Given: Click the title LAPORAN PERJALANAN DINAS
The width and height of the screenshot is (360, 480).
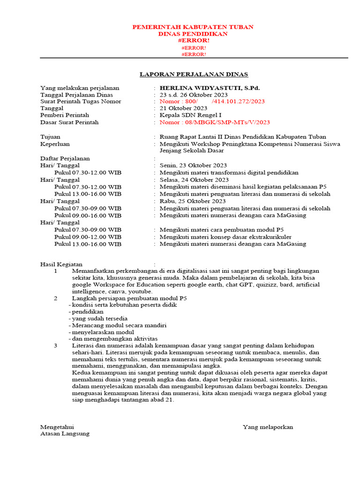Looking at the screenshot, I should [194, 74].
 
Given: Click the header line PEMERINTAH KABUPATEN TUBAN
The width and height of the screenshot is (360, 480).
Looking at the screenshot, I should [193, 27].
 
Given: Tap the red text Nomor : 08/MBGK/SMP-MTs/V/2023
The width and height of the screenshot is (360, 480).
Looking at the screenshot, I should [214, 122].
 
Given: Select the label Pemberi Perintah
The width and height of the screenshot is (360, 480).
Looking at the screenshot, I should [65, 115].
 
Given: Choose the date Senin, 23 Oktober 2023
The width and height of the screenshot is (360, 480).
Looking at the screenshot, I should [193, 165].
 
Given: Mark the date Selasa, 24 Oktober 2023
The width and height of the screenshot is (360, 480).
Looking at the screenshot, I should [194, 180].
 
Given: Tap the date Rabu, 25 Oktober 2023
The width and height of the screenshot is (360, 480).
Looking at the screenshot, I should [193, 201].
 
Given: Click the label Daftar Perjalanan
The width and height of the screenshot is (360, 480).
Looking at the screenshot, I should [65, 158].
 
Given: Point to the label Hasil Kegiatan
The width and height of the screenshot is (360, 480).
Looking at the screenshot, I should [61, 264].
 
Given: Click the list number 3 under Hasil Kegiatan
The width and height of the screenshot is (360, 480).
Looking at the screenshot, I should [56, 345].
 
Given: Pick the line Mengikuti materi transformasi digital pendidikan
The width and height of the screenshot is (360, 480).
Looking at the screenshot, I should [229, 172].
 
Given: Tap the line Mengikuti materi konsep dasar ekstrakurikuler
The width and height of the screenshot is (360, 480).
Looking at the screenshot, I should [225, 237].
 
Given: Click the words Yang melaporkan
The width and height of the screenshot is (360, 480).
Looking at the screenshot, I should [268, 427].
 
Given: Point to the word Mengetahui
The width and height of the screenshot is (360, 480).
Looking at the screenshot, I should [57, 427].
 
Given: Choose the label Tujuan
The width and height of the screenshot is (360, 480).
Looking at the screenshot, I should [50, 137].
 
